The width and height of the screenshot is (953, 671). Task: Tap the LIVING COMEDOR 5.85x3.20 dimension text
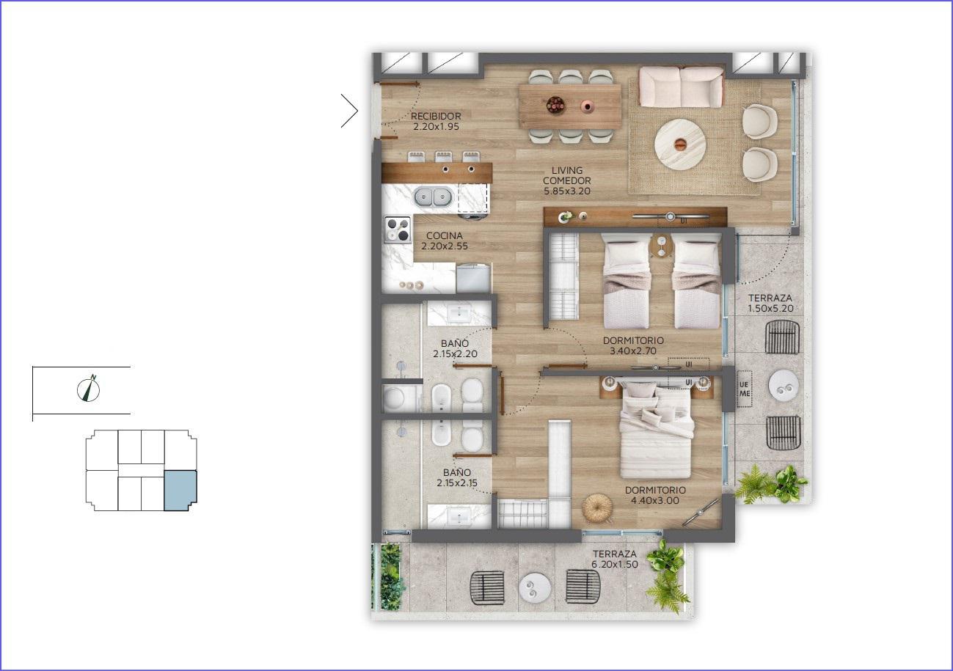coord(567,180)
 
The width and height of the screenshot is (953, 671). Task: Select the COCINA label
coord(444,235)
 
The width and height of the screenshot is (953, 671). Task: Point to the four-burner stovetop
coord(101,230)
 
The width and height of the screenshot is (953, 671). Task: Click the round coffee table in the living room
coord(680,144)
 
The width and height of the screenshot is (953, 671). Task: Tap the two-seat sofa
coord(681,87)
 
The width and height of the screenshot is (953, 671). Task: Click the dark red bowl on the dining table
coord(555,104)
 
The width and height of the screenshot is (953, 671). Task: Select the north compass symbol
coord(89,389)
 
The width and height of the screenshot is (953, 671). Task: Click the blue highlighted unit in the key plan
coord(180,491)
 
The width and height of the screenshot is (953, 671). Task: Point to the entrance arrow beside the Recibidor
coord(349,111)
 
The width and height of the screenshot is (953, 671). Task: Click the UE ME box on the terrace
coord(744,389)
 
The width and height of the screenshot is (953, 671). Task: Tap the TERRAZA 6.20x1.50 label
coord(615,559)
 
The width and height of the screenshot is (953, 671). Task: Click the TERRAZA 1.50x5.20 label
coord(770,303)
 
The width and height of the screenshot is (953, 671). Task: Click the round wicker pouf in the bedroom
coord(597,507)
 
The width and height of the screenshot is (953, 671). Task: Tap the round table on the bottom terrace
coord(535,589)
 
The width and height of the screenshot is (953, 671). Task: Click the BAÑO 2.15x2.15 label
coord(457,477)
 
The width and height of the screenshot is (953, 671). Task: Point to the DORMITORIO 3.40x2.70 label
coord(633,345)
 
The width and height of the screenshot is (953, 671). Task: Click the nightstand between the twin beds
coord(661,246)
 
